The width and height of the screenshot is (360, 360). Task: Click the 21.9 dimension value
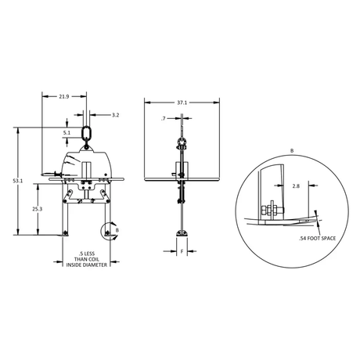tap(64, 96)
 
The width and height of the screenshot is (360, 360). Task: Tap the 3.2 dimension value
tap(115, 115)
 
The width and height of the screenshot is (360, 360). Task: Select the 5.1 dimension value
tap(67, 133)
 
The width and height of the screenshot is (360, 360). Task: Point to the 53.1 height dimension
tap(18, 181)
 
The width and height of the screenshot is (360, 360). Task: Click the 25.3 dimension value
tap(38, 209)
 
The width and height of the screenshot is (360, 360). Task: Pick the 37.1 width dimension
tap(182, 103)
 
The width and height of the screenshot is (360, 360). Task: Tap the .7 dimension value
tap(164, 119)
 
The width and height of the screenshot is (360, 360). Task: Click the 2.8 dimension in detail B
tap(296, 186)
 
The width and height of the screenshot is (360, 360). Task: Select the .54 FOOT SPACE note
tap(317, 238)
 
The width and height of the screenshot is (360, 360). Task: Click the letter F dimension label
tap(182, 251)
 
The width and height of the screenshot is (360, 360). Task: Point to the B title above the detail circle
tap(292, 151)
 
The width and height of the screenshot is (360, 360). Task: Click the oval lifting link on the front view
tap(86, 133)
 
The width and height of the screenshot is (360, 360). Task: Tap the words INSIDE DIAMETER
tap(87, 265)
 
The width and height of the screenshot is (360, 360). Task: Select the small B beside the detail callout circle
tap(117, 230)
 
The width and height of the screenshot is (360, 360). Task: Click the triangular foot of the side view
tap(182, 233)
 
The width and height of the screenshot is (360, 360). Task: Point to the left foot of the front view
tap(65, 233)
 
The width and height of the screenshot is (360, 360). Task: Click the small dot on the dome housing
tap(106, 175)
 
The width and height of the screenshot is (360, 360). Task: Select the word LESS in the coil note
tap(90, 254)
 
